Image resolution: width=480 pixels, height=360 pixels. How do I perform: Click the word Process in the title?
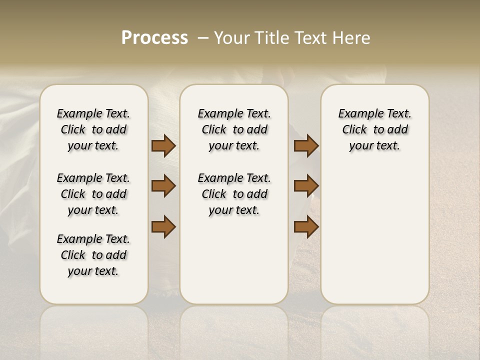tap(154, 38)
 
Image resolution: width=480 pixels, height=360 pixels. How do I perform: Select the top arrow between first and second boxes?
tap(163, 146)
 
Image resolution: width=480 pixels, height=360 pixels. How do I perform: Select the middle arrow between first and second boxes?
tap(163, 186)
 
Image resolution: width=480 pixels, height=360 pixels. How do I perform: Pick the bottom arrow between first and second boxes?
tap(163, 226)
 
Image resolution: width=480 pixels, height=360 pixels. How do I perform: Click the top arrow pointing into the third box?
tap(306, 146)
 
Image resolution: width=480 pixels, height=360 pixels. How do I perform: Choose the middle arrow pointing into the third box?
tap(306, 186)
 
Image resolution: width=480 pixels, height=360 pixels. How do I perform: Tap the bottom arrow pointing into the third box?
tap(306, 226)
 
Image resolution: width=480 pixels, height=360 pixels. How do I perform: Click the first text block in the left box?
tap(93, 129)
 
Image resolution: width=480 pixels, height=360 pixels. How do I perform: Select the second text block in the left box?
tap(93, 194)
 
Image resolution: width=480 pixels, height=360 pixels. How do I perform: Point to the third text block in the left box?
tap(93, 255)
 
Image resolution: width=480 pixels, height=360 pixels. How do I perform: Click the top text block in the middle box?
tap(234, 129)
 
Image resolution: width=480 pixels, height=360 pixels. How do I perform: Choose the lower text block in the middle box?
tap(234, 194)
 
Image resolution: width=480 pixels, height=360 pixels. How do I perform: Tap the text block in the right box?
tap(375, 129)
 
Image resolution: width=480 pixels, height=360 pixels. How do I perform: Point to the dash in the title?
tap(203, 38)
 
